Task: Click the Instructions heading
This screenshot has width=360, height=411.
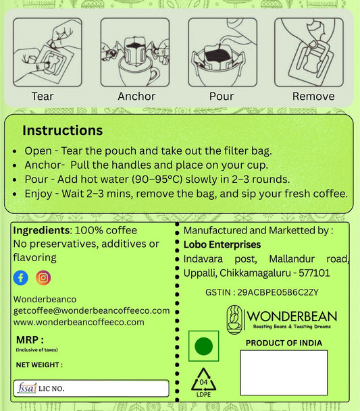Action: (62, 130)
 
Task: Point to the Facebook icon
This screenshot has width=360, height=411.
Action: (20, 277)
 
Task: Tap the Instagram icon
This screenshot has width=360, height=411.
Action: (43, 277)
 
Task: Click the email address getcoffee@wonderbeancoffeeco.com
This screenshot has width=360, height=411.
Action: (91, 310)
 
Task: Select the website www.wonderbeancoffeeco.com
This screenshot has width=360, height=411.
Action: (78, 322)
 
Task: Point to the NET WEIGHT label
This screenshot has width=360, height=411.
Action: (39, 365)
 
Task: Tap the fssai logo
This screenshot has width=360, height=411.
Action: (26, 389)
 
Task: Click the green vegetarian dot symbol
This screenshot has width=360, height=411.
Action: (203, 347)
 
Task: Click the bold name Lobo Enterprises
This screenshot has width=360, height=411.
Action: (222, 244)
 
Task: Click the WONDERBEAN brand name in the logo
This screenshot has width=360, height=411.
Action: (292, 316)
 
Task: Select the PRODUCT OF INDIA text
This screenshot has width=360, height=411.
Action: (284, 343)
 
